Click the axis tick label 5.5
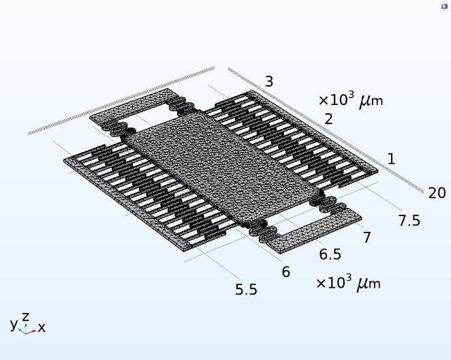pos(246,289)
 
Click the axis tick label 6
pos(286,272)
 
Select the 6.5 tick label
pos(330,254)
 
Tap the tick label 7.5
pos(409,221)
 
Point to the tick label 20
pos(437,193)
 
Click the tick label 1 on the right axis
pos(391,159)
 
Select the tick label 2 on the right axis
pos(328,119)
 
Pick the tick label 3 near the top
pos(269,81)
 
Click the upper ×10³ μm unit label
pos(351,100)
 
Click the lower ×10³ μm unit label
pos(348,283)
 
